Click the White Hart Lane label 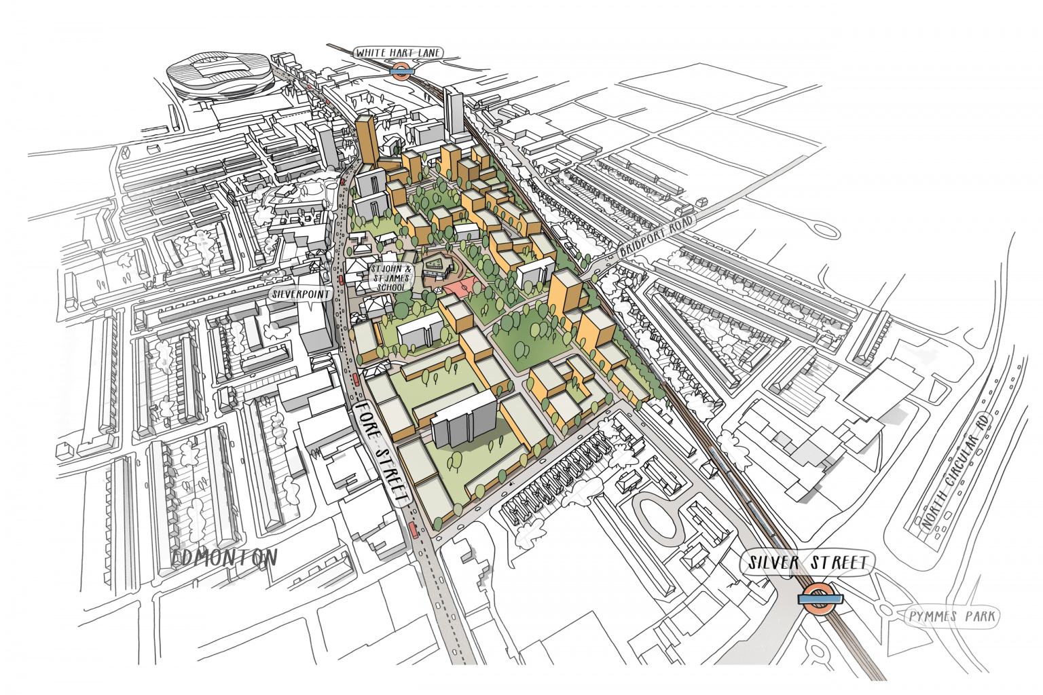[x=398, y=52]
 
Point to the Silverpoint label [x=301, y=295]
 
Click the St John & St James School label [x=391, y=278]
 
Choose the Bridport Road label [x=656, y=237]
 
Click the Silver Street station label [x=808, y=563]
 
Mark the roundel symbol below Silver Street [x=820, y=599]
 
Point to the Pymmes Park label [x=953, y=616]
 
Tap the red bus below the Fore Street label [x=414, y=530]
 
